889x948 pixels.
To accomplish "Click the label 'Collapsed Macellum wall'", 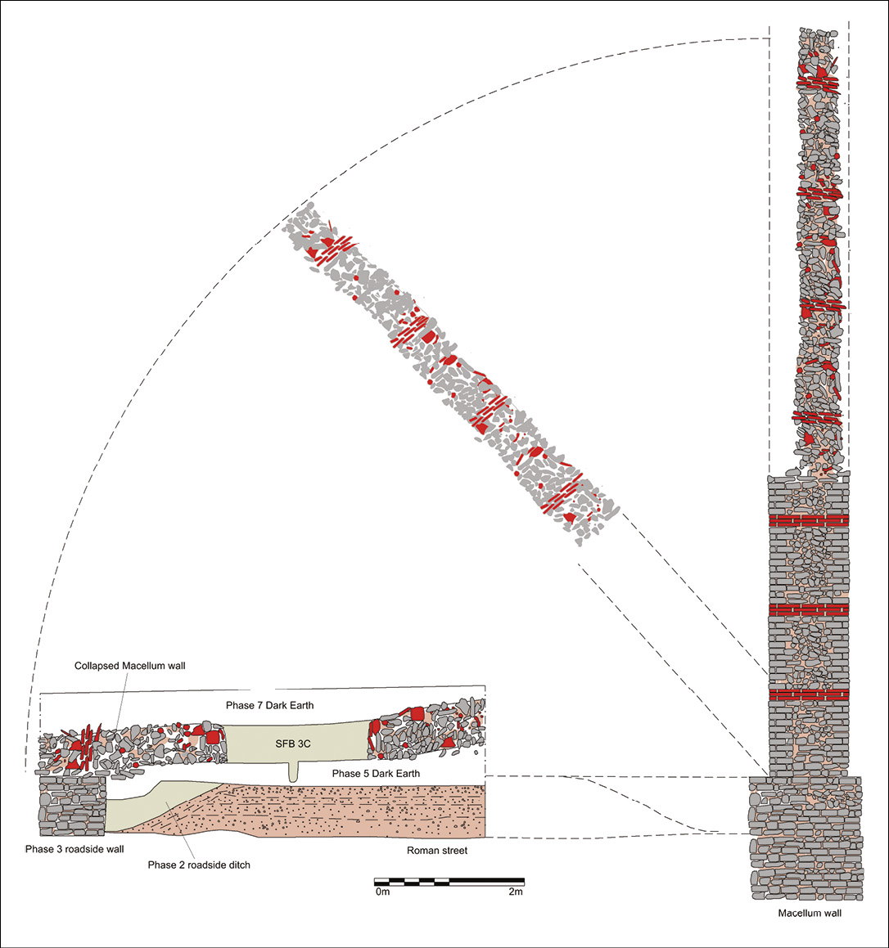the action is coord(130,666).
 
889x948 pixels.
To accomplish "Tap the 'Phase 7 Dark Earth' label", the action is coord(270,705).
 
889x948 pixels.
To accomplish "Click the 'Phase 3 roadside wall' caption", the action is coord(74,849).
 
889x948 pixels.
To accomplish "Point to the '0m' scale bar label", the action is coord(382,892).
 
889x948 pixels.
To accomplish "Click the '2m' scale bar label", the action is coord(514,892).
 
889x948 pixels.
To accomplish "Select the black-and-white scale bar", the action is coord(449,882).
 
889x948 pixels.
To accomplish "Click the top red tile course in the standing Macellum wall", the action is coord(809,521).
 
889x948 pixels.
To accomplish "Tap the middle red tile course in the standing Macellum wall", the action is coord(809,609).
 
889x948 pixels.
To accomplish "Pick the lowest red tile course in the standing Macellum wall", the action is coord(809,695).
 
